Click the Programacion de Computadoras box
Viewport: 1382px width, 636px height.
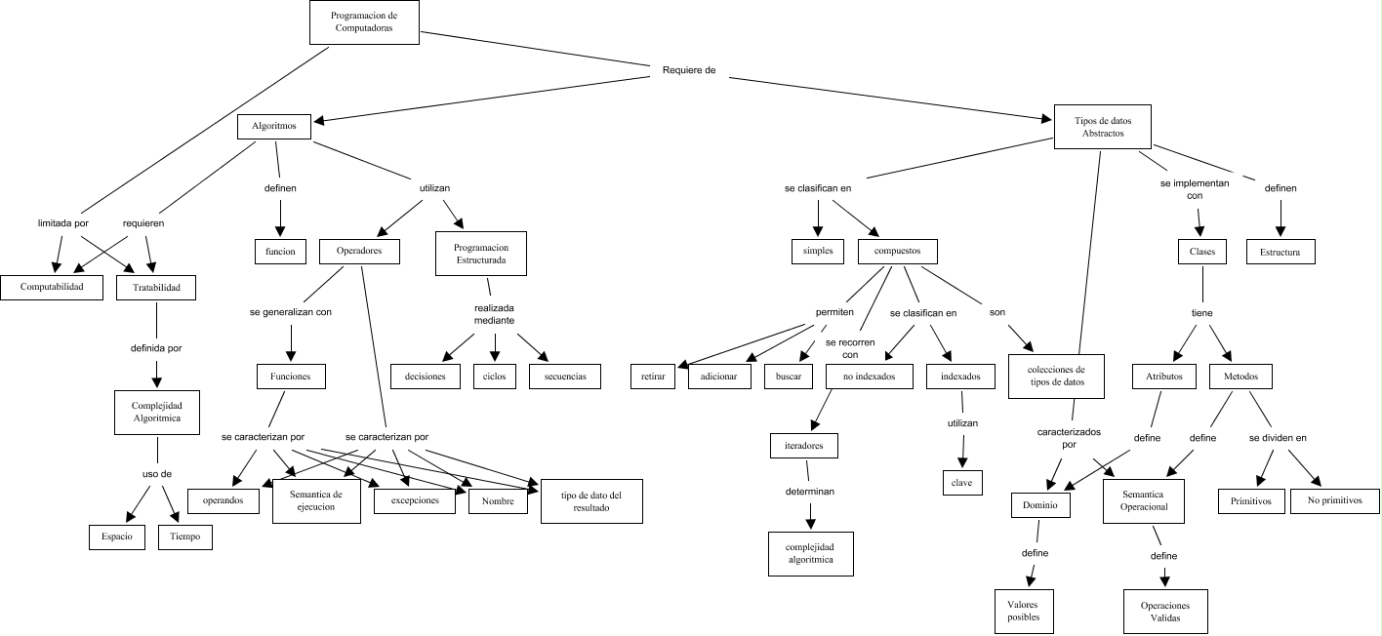point(364,21)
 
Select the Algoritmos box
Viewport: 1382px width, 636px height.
point(274,126)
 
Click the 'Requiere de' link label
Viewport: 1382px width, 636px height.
point(689,70)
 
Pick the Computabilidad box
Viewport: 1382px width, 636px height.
point(51,287)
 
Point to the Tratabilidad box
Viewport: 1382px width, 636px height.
point(155,287)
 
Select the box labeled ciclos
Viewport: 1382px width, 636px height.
point(494,377)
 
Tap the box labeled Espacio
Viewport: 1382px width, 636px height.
point(117,537)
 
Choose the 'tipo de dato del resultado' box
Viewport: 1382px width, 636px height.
point(591,501)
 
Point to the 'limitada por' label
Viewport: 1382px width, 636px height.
point(62,222)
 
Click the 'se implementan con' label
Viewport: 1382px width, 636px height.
point(1195,188)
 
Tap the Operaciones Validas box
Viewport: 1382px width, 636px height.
point(1165,612)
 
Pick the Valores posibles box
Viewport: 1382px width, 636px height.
point(1024,611)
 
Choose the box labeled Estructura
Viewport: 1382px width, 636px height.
point(1280,252)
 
